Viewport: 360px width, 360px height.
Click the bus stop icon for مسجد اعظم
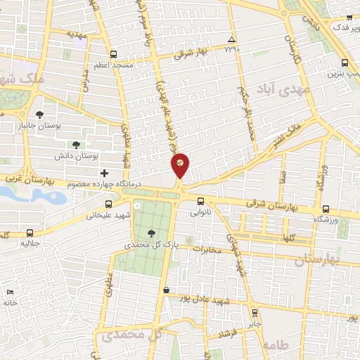[x=114, y=54]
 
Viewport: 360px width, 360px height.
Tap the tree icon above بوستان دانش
[x=76, y=144]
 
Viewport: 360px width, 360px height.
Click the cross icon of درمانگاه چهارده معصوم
[x=105, y=173]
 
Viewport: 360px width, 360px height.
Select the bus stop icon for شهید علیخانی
[x=108, y=205]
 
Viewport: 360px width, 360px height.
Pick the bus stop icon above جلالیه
[x=29, y=233]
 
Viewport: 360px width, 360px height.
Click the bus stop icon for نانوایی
[x=200, y=200]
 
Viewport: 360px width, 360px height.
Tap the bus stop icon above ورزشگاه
[x=326, y=209]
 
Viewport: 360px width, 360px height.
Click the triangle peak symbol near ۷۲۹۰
[x=231, y=39]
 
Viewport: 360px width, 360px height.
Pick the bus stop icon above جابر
[x=254, y=313]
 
